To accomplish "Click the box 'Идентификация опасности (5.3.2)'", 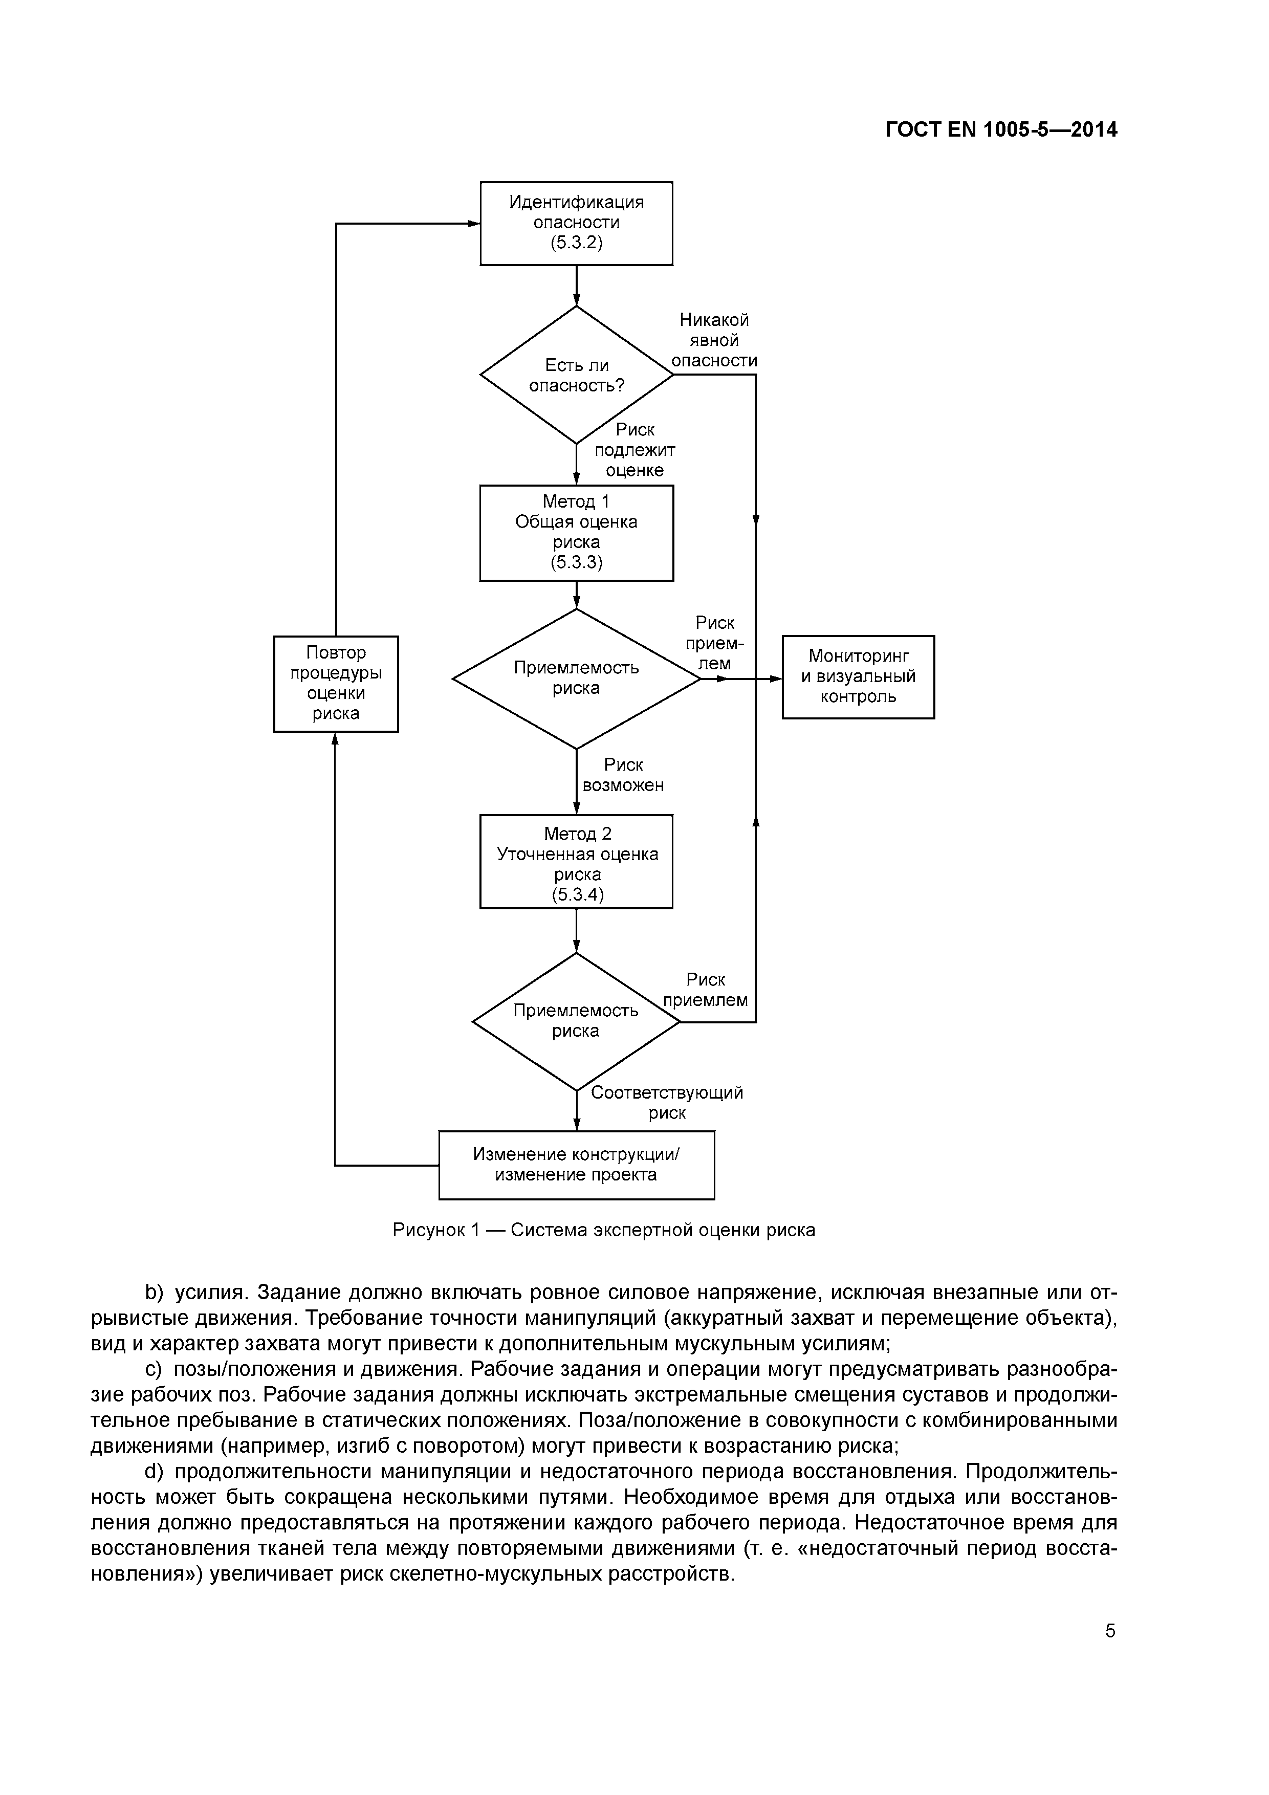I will pos(576,223).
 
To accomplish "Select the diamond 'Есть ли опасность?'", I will pos(576,375).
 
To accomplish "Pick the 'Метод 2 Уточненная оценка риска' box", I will pos(576,862).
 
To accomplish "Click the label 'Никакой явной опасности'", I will pos(714,340).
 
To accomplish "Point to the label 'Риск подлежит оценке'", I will pos(634,450).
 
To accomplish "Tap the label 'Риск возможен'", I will pos(623,775).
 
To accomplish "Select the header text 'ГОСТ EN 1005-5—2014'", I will pos(1001,130).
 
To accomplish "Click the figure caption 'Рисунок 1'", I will pos(435,1230).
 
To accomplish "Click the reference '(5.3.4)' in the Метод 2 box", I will pos(578,894).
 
